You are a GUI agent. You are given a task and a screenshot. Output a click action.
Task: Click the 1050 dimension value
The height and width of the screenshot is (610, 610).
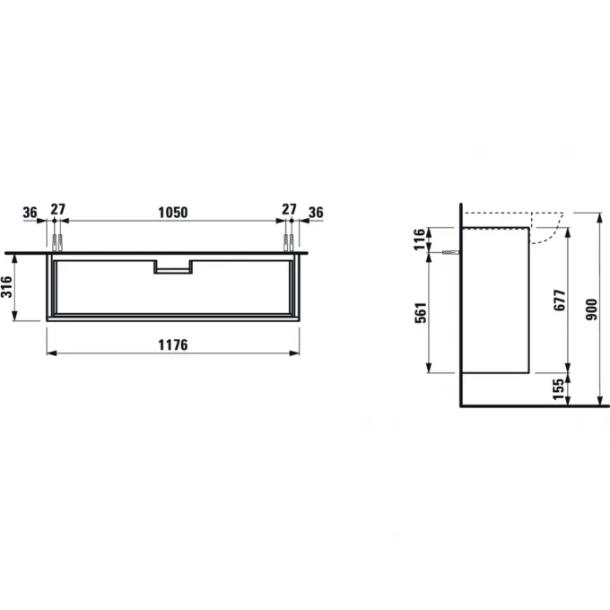point(172,212)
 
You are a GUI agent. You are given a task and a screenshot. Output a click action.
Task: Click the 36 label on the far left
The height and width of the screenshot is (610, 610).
point(30,212)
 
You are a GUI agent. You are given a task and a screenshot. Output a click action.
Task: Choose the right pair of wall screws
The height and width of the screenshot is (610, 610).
point(289,243)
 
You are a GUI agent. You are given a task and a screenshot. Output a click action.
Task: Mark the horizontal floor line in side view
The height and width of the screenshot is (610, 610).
point(529,405)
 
